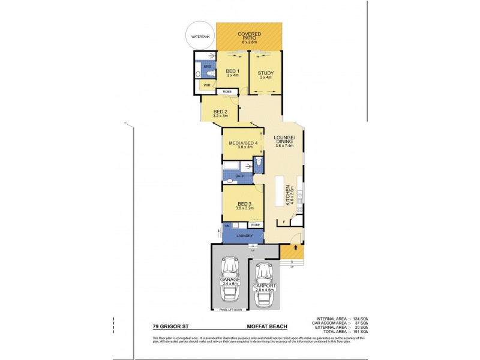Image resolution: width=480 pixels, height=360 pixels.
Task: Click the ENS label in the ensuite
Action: point(207,66)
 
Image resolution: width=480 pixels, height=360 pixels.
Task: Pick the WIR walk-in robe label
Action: point(206,85)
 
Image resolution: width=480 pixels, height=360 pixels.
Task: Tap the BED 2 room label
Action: point(221,112)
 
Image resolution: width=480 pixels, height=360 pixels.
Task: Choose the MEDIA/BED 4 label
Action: point(243,143)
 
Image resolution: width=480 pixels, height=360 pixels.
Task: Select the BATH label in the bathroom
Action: point(239,176)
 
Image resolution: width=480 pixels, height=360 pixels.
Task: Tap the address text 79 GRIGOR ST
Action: point(172,327)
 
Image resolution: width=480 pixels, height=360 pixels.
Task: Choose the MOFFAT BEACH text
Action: point(266,327)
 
